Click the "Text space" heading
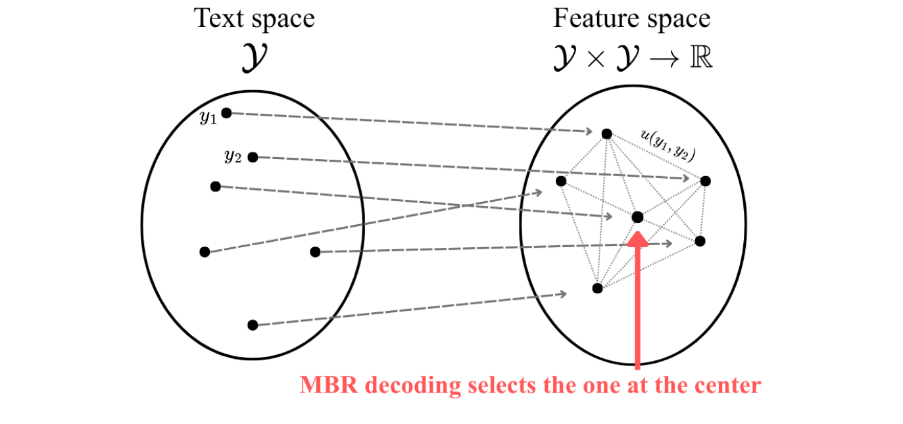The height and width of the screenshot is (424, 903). (254, 18)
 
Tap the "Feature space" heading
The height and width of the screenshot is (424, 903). (631, 18)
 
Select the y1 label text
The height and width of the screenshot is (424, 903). (208, 118)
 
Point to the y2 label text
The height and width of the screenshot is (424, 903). (233, 156)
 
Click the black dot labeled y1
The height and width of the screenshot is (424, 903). (226, 113)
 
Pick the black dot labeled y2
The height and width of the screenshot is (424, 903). (253, 157)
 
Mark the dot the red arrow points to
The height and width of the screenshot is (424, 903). (637, 217)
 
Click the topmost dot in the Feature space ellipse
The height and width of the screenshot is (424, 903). (606, 134)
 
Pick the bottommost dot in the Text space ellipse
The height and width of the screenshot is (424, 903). (253, 325)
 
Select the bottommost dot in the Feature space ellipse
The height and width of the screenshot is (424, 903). (597, 288)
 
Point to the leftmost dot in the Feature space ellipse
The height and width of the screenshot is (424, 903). (561, 181)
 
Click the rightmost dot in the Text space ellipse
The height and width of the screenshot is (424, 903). (315, 252)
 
